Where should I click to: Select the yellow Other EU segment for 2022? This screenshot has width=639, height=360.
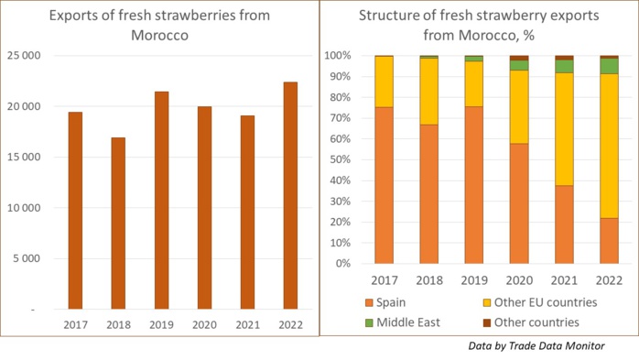coord(609,146)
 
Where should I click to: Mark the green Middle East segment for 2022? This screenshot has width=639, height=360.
coord(609,66)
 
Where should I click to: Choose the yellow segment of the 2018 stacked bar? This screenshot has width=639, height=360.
coord(428,91)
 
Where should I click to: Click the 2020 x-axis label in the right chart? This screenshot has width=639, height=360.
coord(518,279)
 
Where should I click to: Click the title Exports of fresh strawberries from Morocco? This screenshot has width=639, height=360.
coord(159,25)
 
